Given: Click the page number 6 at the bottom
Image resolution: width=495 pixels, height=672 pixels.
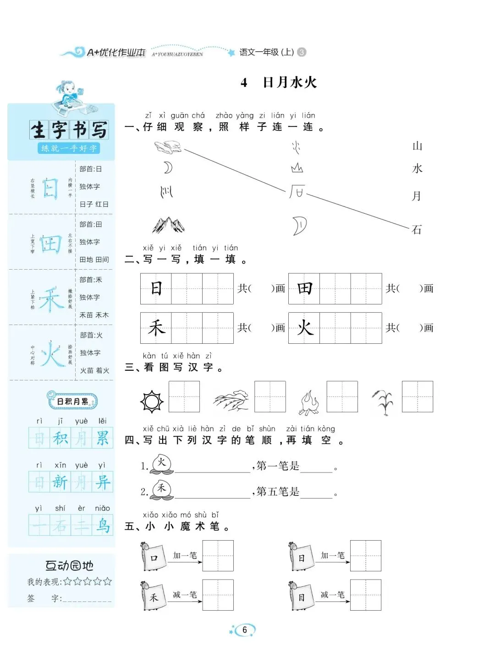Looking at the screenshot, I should click(x=244, y=630).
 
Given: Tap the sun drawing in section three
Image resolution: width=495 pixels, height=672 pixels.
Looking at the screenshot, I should click(x=152, y=402).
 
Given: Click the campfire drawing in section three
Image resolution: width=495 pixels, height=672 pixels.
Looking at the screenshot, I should click(x=309, y=402).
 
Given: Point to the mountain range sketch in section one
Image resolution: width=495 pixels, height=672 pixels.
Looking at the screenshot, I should click(x=168, y=225).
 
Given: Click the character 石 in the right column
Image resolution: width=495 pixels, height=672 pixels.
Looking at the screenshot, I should click(x=417, y=229).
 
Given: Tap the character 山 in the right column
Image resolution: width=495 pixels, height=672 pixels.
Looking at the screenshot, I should click(x=417, y=146).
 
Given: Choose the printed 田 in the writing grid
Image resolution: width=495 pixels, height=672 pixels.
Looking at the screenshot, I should click(x=304, y=288).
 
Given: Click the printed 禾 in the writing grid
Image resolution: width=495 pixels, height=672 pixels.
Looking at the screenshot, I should click(x=156, y=328).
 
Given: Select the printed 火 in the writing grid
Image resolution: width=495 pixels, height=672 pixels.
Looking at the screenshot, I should click(x=304, y=328).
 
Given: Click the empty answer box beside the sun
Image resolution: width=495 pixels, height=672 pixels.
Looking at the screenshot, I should click(x=184, y=396).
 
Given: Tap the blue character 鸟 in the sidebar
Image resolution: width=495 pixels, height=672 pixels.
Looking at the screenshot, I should click(x=103, y=525).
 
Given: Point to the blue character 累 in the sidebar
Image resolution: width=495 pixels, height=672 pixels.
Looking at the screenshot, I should click(x=102, y=438).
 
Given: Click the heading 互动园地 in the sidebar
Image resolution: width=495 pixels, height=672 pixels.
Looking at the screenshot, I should click(x=69, y=566).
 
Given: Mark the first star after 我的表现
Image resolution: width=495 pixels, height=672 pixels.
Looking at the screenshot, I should click(x=67, y=582).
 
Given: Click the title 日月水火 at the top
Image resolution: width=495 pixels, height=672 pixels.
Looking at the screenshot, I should click(x=290, y=82).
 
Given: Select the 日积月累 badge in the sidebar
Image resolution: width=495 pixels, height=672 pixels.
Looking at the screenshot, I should click(x=72, y=401).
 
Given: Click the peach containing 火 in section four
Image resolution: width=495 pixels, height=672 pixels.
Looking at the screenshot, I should click(x=162, y=464).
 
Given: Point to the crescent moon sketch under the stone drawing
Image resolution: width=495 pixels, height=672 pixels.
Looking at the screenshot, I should click(x=168, y=168).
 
